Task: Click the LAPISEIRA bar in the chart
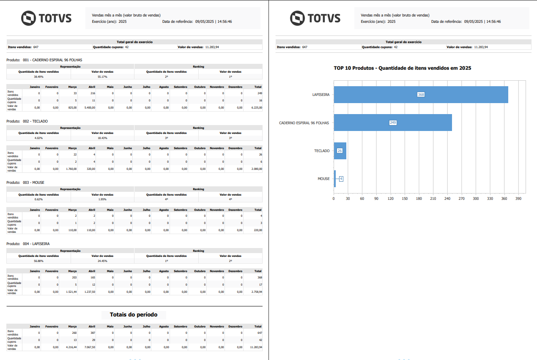coord(421,95)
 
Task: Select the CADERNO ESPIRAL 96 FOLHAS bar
coord(393,123)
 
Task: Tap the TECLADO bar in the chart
coord(340,151)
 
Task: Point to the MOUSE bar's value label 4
coord(341,179)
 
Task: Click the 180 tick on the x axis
coord(419,198)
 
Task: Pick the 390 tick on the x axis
coord(518,198)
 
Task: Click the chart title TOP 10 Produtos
coord(402,68)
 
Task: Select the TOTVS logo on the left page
coord(47,18)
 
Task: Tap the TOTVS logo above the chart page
coord(315,18)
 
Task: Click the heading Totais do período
coord(134,314)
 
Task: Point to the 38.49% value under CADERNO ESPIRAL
coord(38,76)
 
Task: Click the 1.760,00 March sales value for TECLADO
coord(70,169)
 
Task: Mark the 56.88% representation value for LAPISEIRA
coord(38,261)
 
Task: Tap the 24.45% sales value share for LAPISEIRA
coord(102,261)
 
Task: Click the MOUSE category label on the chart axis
coord(323,179)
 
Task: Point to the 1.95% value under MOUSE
coord(102,199)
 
